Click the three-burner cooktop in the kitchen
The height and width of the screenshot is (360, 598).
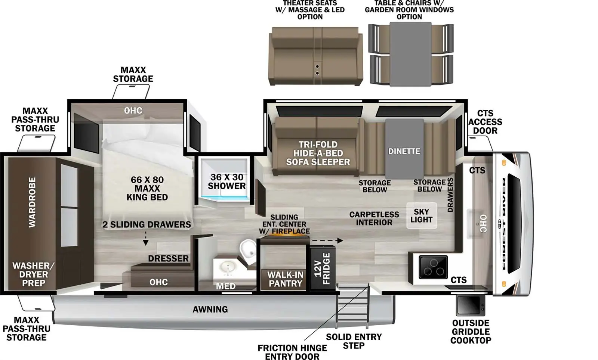click(x=433, y=267)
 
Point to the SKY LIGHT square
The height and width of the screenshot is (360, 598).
click(x=421, y=215)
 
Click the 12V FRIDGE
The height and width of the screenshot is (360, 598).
click(x=322, y=268)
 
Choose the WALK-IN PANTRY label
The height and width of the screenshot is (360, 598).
click(x=285, y=279)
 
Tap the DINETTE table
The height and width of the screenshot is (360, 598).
click(x=404, y=149)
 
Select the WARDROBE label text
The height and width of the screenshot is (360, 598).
click(x=33, y=202)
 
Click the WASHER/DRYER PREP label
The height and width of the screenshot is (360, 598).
click(x=33, y=274)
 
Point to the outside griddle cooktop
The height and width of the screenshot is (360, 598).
click(x=470, y=305)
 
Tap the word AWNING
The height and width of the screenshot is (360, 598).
click(x=210, y=309)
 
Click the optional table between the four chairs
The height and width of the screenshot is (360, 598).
click(x=410, y=54)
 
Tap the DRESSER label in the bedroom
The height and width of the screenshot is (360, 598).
click(x=168, y=258)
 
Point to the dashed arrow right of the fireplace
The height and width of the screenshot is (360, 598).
click(x=327, y=240)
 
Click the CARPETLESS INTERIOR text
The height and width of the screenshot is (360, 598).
click(x=374, y=218)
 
